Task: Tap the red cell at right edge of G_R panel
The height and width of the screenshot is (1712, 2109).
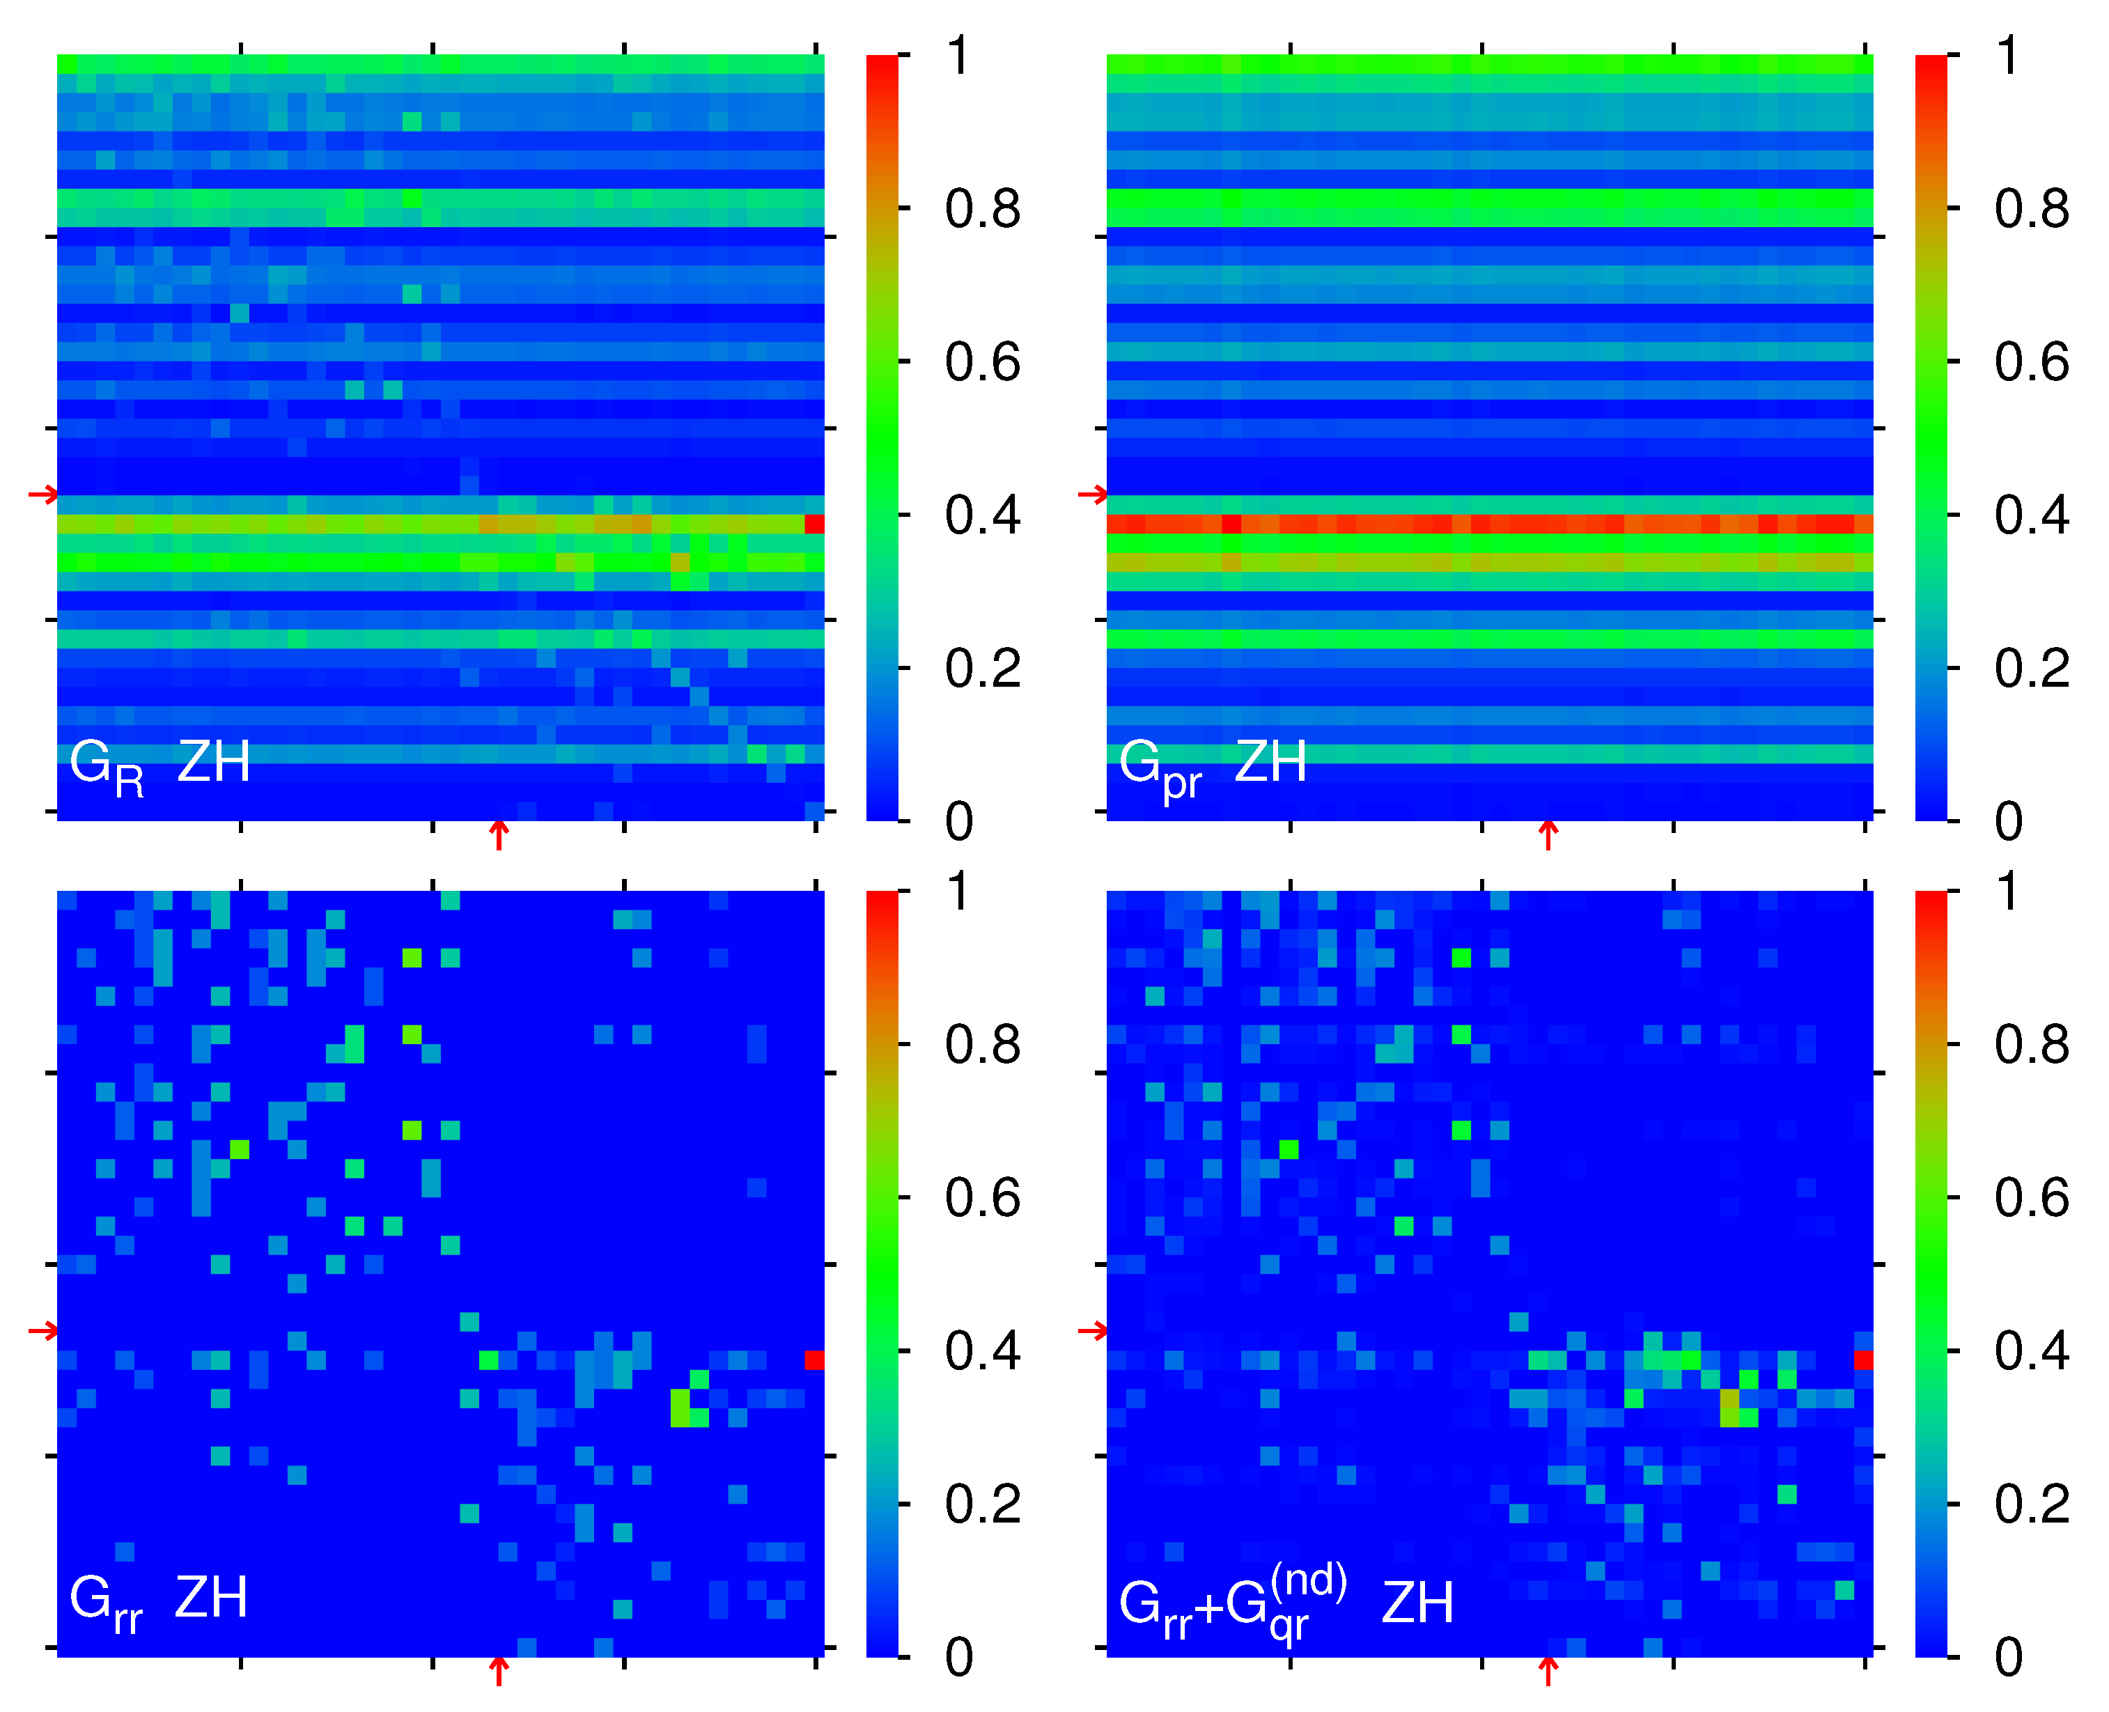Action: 814,524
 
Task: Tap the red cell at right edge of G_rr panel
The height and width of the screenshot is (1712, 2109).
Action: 814,1360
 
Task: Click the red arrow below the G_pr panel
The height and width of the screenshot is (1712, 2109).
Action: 1548,835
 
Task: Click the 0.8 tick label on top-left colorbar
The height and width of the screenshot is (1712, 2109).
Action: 982,209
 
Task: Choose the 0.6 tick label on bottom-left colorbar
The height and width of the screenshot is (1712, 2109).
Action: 982,1198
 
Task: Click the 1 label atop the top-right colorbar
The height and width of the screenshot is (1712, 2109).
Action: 2007,56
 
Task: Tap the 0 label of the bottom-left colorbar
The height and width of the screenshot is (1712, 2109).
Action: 958,1658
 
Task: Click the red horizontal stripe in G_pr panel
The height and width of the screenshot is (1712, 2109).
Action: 1489,524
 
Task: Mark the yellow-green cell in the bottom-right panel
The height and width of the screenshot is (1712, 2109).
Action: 1729,1407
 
